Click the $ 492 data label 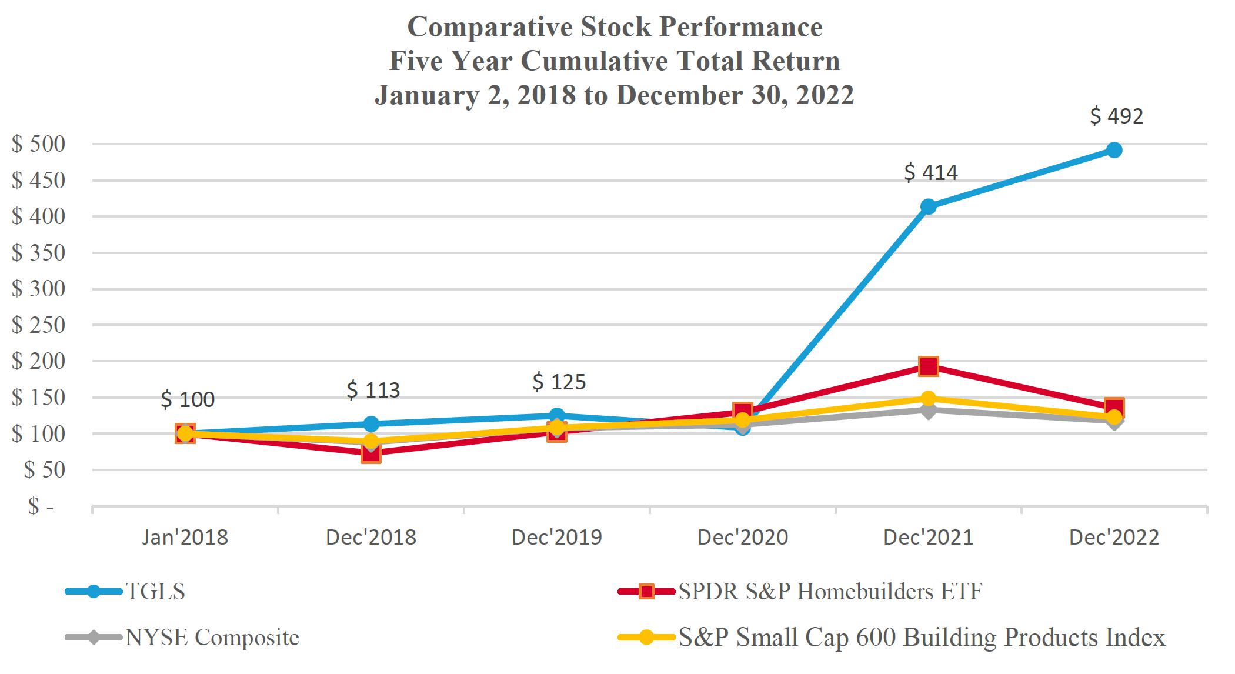pos(1116,116)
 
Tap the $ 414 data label pos(930,172)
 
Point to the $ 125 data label pos(559,382)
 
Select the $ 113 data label pos(373,390)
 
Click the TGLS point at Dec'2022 pos(1114,150)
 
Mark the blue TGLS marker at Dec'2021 pos(928,206)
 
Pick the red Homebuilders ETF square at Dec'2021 pos(928,366)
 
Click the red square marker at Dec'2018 pos(370,453)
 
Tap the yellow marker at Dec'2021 pos(928,399)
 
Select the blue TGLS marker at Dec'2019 pos(557,415)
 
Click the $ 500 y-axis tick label pos(38,144)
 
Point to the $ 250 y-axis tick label pos(38,325)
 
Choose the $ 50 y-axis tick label pos(44,471)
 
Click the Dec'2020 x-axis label pos(742,538)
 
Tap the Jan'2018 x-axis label pos(185,538)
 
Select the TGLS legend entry pos(155,591)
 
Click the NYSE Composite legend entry pos(212,638)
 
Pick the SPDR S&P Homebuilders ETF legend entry pos(830,591)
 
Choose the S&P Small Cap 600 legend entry pos(921,638)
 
